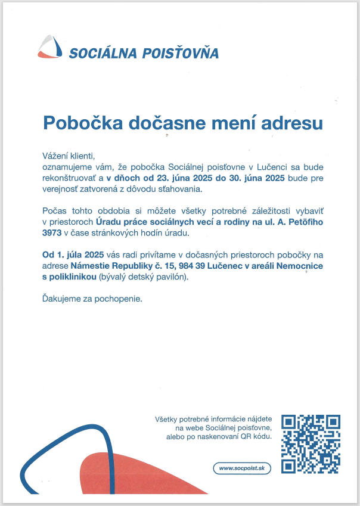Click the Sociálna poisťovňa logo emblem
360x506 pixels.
50,46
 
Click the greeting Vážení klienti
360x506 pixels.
69,155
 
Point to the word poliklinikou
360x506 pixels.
72,278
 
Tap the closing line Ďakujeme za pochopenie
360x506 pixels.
92,298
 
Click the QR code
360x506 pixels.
311,443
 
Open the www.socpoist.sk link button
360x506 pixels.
242,468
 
